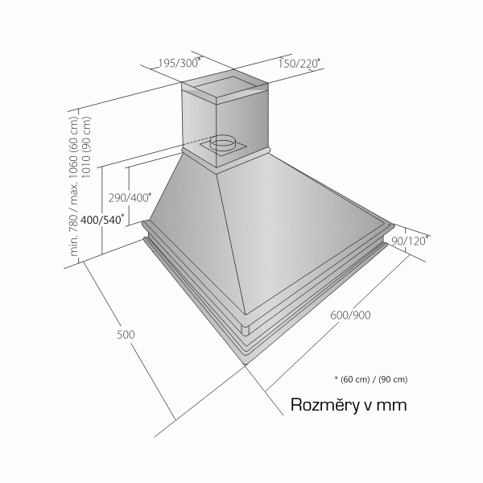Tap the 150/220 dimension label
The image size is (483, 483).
pyautogui.click(x=299, y=63)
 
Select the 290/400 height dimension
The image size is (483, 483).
pyautogui.click(x=130, y=197)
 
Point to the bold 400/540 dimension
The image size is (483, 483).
pyautogui.click(x=102, y=219)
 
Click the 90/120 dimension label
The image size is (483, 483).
pyautogui.click(x=410, y=241)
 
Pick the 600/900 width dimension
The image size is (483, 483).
pyautogui.click(x=350, y=315)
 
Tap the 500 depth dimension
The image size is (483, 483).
pyautogui.click(x=126, y=335)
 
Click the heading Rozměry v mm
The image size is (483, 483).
pyautogui.click(x=349, y=404)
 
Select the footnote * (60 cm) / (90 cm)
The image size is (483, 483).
pyautogui.click(x=371, y=379)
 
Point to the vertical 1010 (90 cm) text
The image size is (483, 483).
pyautogui.click(x=86, y=147)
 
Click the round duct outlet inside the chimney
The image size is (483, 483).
pyautogui.click(x=223, y=144)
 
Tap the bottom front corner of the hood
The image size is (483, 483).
pyautogui.click(x=246, y=365)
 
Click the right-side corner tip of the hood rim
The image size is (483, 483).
pyautogui.click(x=394, y=225)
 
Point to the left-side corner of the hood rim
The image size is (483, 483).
pyautogui.click(x=142, y=222)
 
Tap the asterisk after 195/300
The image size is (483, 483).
pyautogui.click(x=199, y=59)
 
